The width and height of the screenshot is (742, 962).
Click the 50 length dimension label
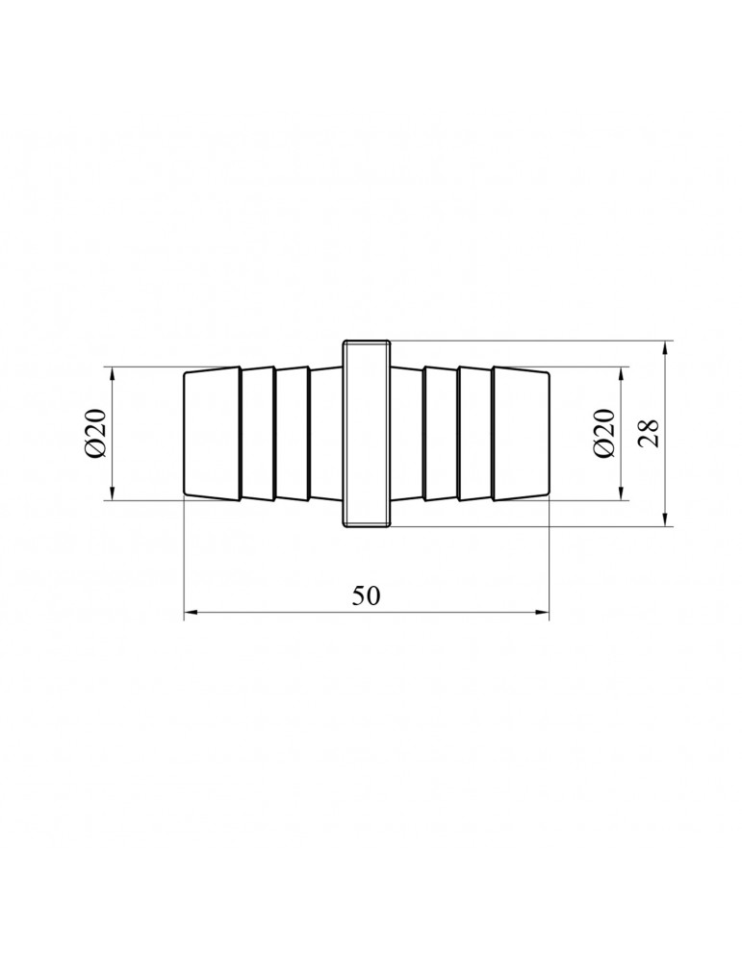coord(367,595)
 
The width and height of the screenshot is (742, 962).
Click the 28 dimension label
coord(649,433)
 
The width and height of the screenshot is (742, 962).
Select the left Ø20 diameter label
coord(96,433)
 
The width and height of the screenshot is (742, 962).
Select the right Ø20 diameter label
coord(604,433)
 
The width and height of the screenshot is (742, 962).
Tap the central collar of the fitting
coord(367,433)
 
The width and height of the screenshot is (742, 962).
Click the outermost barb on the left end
coord(212,433)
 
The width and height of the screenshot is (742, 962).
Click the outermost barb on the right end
coord(521,433)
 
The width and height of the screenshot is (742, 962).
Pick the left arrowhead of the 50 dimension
coord(191,612)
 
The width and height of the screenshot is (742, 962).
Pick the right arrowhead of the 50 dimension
coord(542,612)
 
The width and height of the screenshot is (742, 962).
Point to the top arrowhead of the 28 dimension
coord(666,348)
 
